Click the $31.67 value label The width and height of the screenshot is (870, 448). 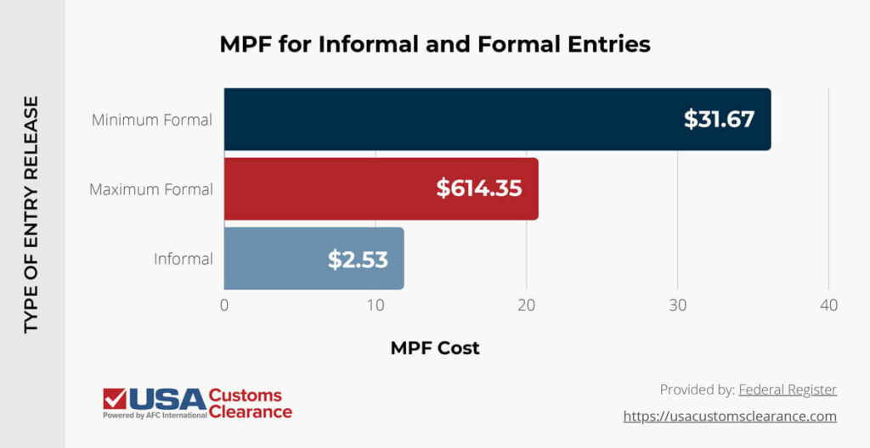(x=719, y=120)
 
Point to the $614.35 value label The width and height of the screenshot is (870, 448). (x=478, y=188)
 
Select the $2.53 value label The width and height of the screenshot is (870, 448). (x=358, y=259)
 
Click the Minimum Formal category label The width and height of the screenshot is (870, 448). (x=151, y=120)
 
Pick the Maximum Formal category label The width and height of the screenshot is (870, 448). (x=150, y=188)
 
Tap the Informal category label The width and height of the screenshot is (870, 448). (x=183, y=258)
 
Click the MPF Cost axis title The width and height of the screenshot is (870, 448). (x=434, y=348)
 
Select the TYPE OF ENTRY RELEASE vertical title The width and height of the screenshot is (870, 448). (x=31, y=214)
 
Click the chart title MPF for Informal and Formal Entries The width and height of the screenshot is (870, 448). (x=434, y=44)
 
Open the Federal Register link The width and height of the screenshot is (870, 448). (x=788, y=389)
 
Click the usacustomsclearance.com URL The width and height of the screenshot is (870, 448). (x=730, y=416)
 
